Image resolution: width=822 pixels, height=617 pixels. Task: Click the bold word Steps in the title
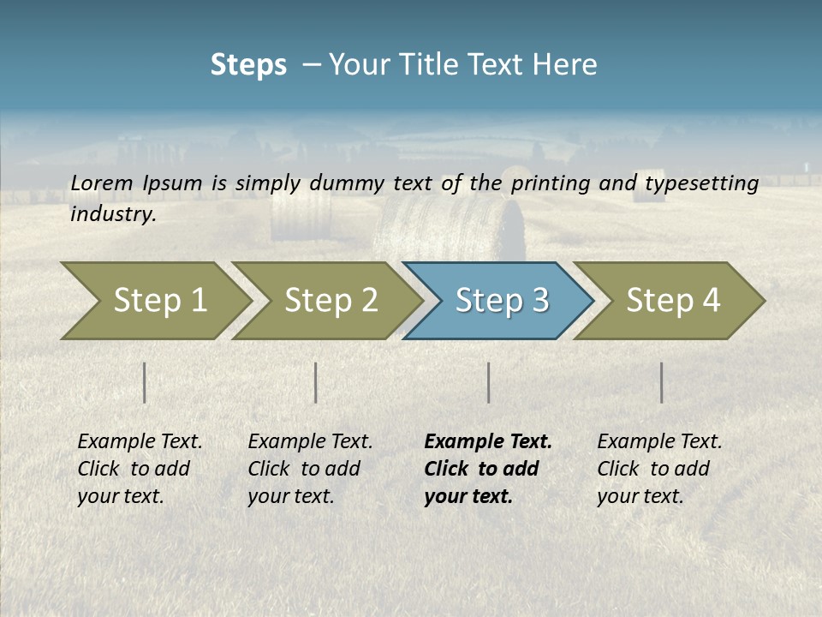pyautogui.click(x=248, y=65)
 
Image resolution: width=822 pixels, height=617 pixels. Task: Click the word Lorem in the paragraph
pyautogui.click(x=102, y=183)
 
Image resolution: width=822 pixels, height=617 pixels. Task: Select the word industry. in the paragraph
pyautogui.click(x=113, y=214)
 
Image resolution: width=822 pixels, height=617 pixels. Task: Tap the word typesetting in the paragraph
pyautogui.click(x=701, y=183)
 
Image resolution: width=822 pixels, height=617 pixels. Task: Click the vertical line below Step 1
pyautogui.click(x=145, y=382)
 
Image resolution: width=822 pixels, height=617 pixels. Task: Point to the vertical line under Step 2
pyautogui.click(x=316, y=382)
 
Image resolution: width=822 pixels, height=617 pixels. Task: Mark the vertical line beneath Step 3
pyautogui.click(x=488, y=382)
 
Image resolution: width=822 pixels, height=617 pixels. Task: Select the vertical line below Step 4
pyautogui.click(x=662, y=382)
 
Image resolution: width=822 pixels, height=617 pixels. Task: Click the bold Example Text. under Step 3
pyautogui.click(x=488, y=442)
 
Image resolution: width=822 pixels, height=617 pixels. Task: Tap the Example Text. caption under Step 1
pyautogui.click(x=140, y=442)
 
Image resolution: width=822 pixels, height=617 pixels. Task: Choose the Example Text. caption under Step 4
pyautogui.click(x=659, y=442)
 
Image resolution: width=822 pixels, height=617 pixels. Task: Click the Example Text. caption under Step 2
pyautogui.click(x=310, y=442)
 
